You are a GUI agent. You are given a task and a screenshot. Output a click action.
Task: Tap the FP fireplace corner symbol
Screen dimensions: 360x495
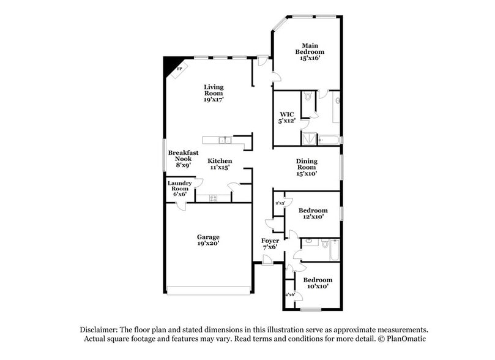click(178, 70)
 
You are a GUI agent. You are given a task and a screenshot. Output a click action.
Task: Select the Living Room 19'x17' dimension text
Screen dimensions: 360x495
click(214, 99)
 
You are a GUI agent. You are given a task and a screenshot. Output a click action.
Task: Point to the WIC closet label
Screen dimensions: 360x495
click(287, 114)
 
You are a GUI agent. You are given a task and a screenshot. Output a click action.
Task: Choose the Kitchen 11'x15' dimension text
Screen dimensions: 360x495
click(220, 167)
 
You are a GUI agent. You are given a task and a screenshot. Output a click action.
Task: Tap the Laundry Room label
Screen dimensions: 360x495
click(180, 186)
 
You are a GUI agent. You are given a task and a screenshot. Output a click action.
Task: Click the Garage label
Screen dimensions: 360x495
click(208, 236)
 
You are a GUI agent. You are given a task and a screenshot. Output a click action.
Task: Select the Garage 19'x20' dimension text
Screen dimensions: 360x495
click(208, 244)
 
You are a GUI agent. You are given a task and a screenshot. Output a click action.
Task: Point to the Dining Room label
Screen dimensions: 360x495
click(307, 163)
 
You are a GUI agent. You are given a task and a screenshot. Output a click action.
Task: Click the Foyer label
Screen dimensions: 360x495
click(270, 241)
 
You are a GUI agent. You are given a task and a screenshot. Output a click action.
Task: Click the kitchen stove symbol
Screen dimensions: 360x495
click(213, 198)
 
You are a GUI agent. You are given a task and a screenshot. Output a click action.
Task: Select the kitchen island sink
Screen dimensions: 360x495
click(225, 140)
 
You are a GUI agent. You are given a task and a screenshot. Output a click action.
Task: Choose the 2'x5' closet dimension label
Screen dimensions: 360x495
click(280, 203)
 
